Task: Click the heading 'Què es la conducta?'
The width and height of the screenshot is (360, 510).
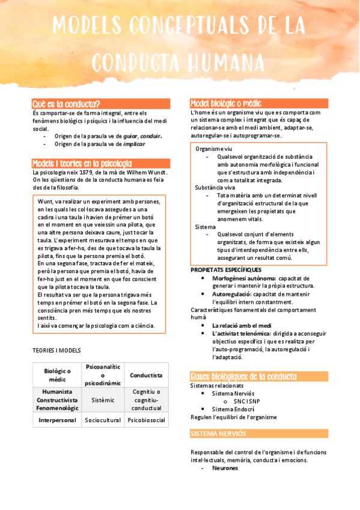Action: coord(66,103)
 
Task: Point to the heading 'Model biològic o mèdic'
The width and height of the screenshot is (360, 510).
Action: coord(225,103)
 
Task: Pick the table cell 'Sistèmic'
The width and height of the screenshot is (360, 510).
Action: coord(103,399)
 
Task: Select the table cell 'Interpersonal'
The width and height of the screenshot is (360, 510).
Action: coord(57,420)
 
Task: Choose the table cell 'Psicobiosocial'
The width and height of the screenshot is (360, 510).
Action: coord(147,420)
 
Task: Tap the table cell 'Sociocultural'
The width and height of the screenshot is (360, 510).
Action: coord(103,420)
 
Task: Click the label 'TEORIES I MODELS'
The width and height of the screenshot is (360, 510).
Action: coord(57,350)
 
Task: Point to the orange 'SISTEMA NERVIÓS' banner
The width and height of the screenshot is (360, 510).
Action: coord(218,434)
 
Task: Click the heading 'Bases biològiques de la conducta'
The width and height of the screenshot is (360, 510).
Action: coord(243,376)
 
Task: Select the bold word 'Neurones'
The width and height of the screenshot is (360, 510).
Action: coord(225,468)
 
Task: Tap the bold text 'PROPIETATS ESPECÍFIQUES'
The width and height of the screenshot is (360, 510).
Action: coord(226,269)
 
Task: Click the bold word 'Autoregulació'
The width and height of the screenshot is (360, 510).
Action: coord(231,294)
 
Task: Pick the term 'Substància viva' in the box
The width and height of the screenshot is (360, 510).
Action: coord(215,187)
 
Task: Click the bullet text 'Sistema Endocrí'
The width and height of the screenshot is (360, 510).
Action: coord(232,409)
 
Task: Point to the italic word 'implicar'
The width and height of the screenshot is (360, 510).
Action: coord(134,144)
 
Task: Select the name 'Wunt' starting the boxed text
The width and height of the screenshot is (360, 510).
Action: coord(46,201)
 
